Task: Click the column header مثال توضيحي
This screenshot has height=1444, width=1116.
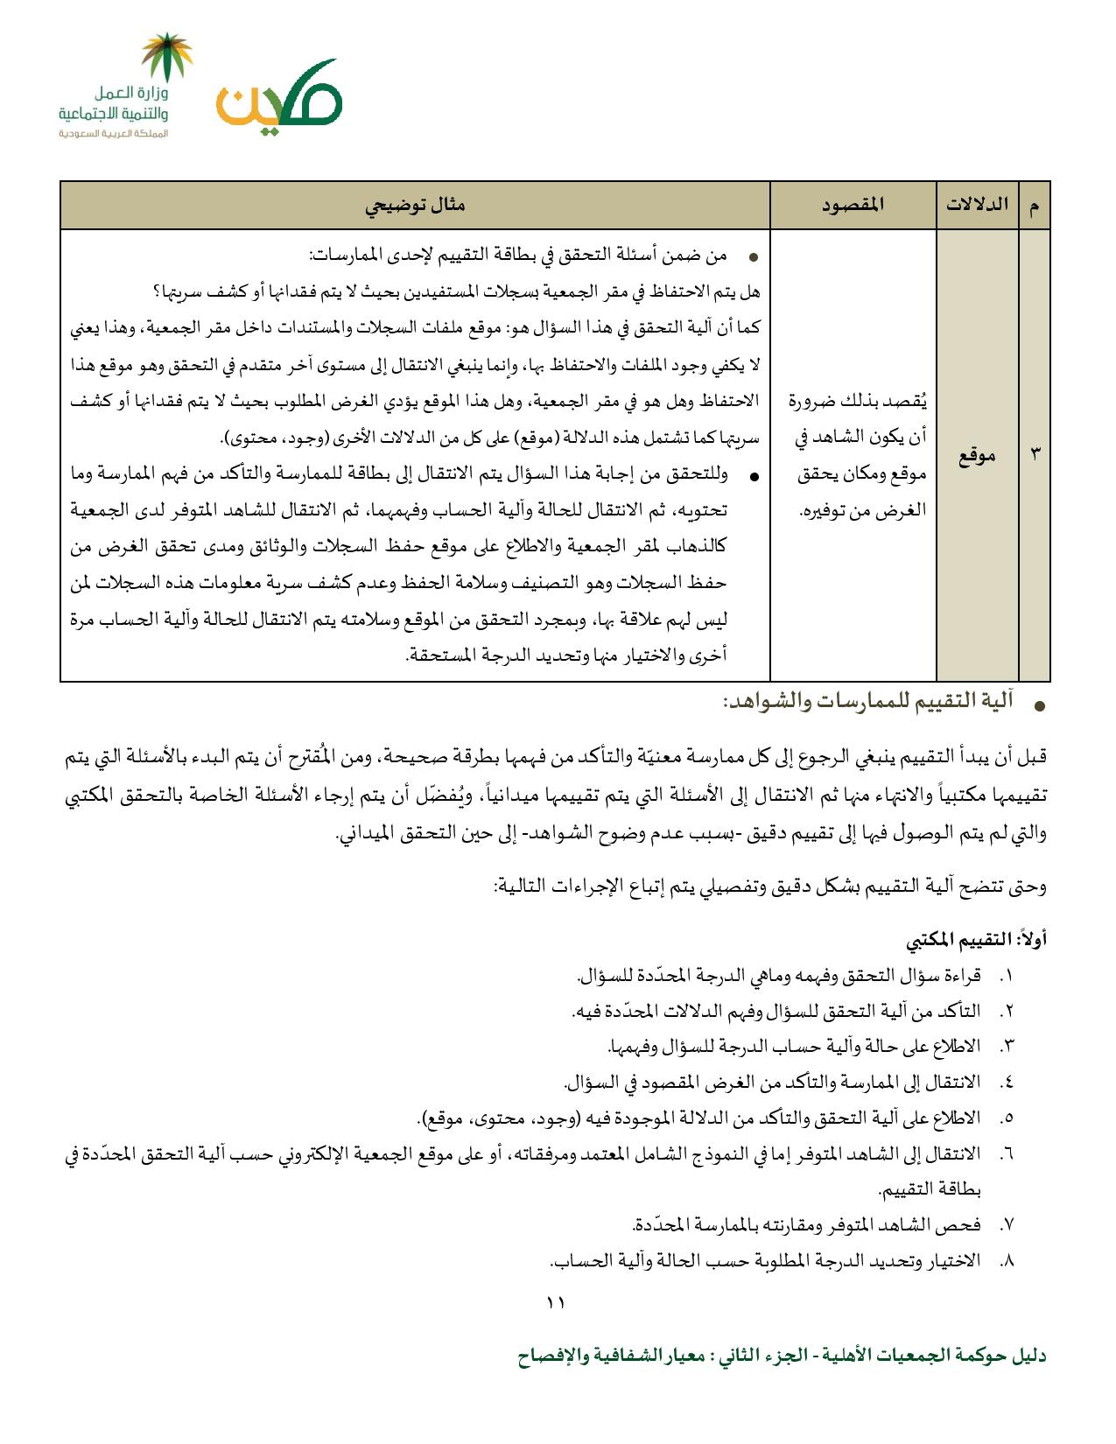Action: [415, 205]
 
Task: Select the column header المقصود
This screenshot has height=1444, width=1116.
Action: [853, 205]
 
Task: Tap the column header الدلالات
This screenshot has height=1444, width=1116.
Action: [977, 205]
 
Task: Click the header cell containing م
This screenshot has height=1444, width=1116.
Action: [1035, 205]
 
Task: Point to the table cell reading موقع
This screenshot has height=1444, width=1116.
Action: [977, 455]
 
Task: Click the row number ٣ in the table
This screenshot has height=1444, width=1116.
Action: [1035, 455]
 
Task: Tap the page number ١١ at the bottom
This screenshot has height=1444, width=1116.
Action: [556, 1303]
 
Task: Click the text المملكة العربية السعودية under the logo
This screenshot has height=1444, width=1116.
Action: [114, 134]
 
